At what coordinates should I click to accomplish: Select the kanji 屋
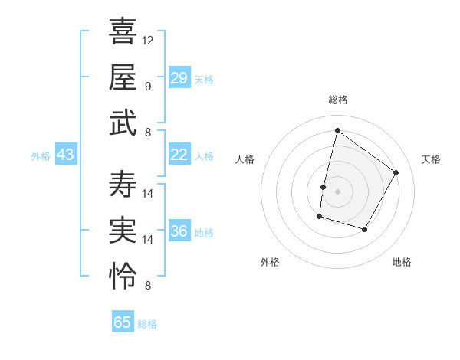pos(123,77)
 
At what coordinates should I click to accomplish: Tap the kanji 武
pos(123,122)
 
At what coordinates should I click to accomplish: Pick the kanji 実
pos(123,229)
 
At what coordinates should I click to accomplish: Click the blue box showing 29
pos(179,78)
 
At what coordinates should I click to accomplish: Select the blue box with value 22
pos(179,155)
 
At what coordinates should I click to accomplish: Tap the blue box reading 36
pos(179,231)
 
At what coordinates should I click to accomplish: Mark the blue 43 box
pos(65,155)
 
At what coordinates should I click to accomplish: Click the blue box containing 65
pos(123,322)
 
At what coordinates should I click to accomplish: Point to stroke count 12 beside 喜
pos(148,40)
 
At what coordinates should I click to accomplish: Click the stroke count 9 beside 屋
pos(148,86)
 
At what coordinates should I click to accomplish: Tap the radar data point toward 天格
pos(396,172)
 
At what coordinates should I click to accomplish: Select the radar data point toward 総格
pos(337,130)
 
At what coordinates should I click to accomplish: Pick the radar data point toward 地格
pos(364,229)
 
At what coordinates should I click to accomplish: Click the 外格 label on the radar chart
pos(270,262)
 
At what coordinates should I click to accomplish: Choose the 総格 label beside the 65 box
pos(147,324)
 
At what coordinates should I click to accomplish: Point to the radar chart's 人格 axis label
pos(245,159)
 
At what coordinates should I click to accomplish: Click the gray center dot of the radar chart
pos(337,191)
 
